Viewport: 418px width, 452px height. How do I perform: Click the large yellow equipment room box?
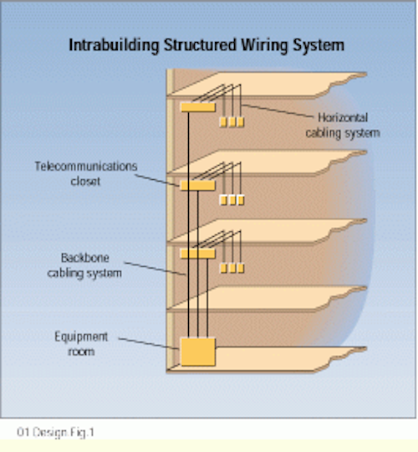[x=197, y=352]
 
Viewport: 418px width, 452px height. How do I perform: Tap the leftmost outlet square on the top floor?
[x=223, y=122]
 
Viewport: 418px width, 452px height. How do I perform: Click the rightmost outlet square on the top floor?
[x=240, y=122]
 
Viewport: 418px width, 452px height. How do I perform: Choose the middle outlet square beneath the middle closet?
[x=232, y=200]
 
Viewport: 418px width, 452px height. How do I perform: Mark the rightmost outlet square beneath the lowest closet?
[x=240, y=268]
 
